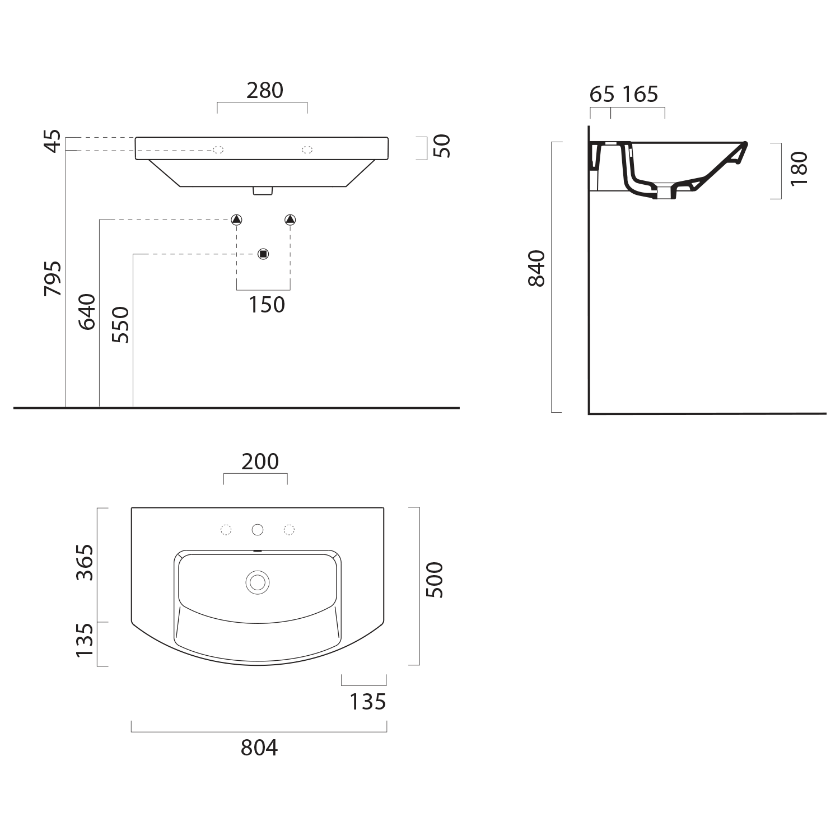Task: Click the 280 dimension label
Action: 265,90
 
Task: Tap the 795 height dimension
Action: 53,278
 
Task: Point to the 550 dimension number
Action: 120,325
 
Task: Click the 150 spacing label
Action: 267,305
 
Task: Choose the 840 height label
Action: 536,268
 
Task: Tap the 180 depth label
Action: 800,169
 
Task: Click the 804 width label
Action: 259,748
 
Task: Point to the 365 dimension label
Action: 85,562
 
